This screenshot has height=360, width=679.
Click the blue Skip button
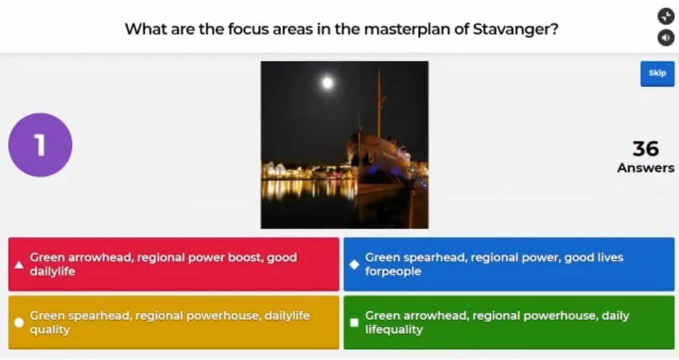pyautogui.click(x=657, y=74)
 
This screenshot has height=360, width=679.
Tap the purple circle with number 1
pyautogui.click(x=40, y=145)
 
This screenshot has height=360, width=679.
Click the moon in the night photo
pyautogui.click(x=327, y=82)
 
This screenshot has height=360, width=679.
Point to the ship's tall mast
pyautogui.click(x=379, y=103)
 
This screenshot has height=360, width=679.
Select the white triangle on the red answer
pyautogui.click(x=19, y=265)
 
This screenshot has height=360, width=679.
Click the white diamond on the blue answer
pyautogui.click(x=354, y=265)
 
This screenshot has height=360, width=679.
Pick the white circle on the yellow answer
pyautogui.click(x=19, y=323)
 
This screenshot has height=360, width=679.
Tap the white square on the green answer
pyautogui.click(x=354, y=323)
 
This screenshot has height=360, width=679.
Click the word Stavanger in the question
pyautogui.click(x=516, y=30)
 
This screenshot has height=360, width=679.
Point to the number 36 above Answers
pyautogui.click(x=646, y=149)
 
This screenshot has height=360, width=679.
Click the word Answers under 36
pyautogui.click(x=646, y=168)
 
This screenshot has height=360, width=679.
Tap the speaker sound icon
pyautogui.click(x=666, y=38)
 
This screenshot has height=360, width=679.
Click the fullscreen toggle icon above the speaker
pyautogui.click(x=666, y=16)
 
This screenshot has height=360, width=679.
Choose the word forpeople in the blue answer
pyautogui.click(x=393, y=271)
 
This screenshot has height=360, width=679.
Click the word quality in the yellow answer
pyautogui.click(x=50, y=330)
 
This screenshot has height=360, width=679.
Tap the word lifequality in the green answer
pyautogui.click(x=394, y=330)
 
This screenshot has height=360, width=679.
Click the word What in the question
pyautogui.click(x=146, y=30)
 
